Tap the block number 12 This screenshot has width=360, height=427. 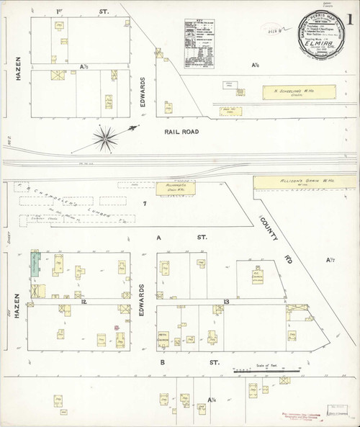tap(84, 302)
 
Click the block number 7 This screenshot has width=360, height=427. tap(144, 205)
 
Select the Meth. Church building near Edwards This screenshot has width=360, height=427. tap(163, 336)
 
